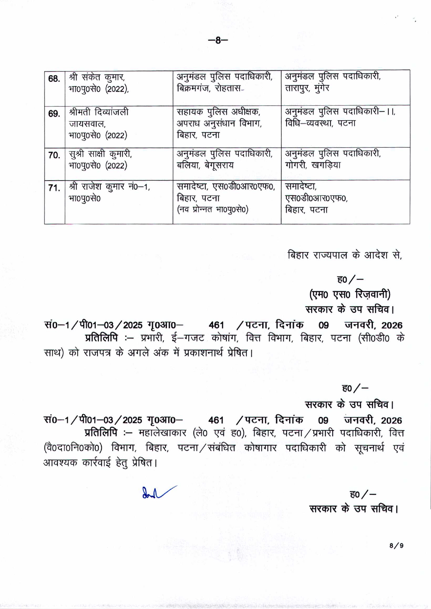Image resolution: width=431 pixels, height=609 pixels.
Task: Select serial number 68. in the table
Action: [x=54, y=78]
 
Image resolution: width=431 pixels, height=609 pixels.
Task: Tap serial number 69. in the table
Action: [x=54, y=114]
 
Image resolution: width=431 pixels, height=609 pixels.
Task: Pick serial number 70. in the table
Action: [x=54, y=155]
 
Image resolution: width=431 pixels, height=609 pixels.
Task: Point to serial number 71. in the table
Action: [x=54, y=188]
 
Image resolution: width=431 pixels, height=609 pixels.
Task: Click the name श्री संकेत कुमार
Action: [x=97, y=77]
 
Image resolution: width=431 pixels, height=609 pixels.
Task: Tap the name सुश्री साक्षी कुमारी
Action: [x=100, y=154]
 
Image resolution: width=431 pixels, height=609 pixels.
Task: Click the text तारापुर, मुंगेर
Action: [x=307, y=88]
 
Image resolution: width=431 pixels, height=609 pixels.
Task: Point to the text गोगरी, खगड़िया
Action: [x=313, y=165]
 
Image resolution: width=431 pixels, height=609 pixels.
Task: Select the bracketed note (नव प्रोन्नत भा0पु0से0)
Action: [x=212, y=210]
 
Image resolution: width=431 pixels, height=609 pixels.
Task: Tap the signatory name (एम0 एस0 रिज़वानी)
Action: [x=349, y=294]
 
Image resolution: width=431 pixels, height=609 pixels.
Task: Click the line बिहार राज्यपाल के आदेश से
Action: [x=345, y=255]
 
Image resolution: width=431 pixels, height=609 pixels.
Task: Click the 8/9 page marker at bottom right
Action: [x=396, y=545]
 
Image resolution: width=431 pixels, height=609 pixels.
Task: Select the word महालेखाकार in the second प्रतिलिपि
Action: [x=162, y=433]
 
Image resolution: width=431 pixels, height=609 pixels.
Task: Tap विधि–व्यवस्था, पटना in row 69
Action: [x=320, y=123]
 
